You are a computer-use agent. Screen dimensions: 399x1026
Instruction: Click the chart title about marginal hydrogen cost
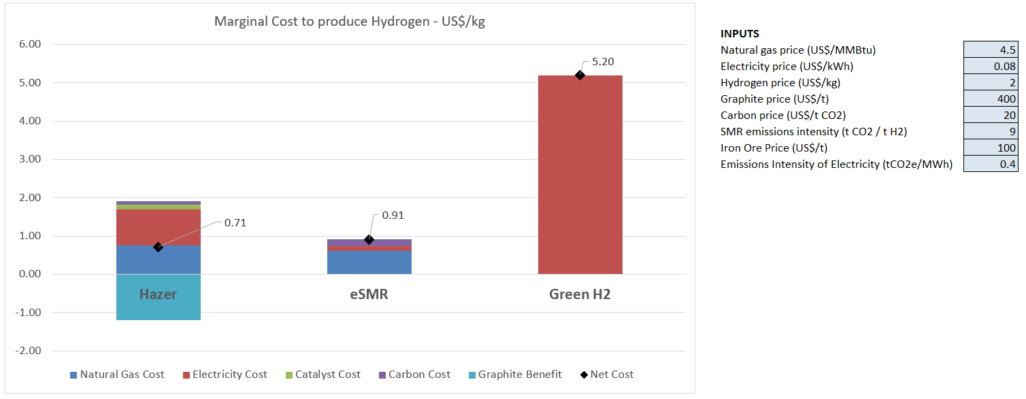pyautogui.click(x=349, y=21)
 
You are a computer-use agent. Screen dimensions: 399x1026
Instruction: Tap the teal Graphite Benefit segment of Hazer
pyautogui.click(x=158, y=306)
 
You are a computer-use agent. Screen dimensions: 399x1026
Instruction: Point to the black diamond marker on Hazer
pyautogui.click(x=158, y=247)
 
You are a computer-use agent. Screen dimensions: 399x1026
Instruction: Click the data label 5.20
pyautogui.click(x=603, y=62)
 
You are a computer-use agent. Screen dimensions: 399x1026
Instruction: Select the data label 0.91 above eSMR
pyautogui.click(x=393, y=215)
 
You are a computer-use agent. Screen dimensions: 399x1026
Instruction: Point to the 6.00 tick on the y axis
pyautogui.click(x=28, y=45)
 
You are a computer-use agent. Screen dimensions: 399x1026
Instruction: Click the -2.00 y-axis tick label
pyautogui.click(x=27, y=351)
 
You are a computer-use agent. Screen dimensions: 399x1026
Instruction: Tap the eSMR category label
pyautogui.click(x=369, y=294)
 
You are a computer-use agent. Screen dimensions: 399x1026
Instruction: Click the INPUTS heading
pyautogui.click(x=740, y=33)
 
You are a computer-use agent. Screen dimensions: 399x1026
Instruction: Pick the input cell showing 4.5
pyautogui.click(x=991, y=50)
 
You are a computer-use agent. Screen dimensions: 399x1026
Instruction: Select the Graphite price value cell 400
pyautogui.click(x=991, y=99)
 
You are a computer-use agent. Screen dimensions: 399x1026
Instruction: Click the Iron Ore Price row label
pyautogui.click(x=774, y=148)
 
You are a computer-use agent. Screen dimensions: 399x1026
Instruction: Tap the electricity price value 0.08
pyautogui.click(x=991, y=66)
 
